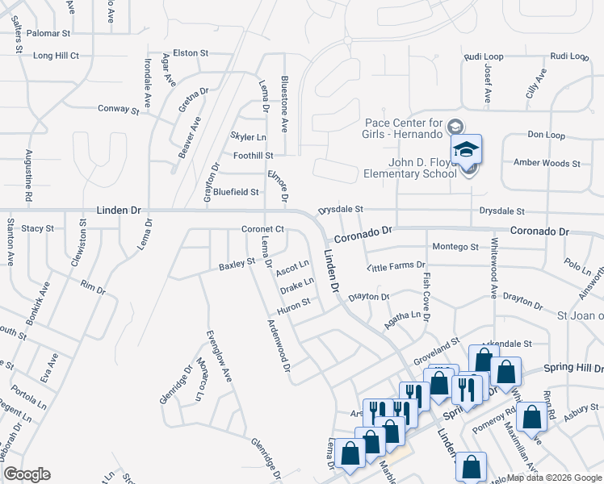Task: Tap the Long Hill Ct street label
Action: [x=56, y=56]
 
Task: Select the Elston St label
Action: [x=191, y=52]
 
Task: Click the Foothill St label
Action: [x=253, y=155]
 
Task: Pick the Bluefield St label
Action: [x=236, y=192]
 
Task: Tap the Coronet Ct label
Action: [x=262, y=229]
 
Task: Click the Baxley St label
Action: [x=237, y=264]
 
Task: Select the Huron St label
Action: [x=293, y=304]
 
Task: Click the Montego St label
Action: [x=455, y=247]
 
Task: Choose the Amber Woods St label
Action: [x=547, y=163]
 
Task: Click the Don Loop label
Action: [x=546, y=135]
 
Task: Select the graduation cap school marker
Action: [x=466, y=150]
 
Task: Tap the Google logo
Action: [x=27, y=474]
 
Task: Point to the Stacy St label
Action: [x=37, y=228]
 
